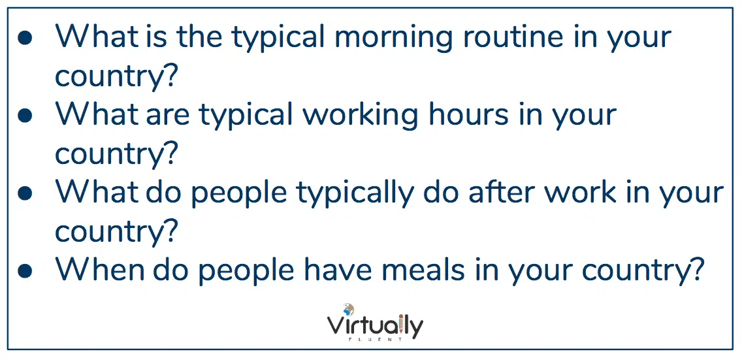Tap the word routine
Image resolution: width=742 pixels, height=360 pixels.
click(x=513, y=37)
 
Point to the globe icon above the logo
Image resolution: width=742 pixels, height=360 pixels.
click(x=349, y=310)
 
